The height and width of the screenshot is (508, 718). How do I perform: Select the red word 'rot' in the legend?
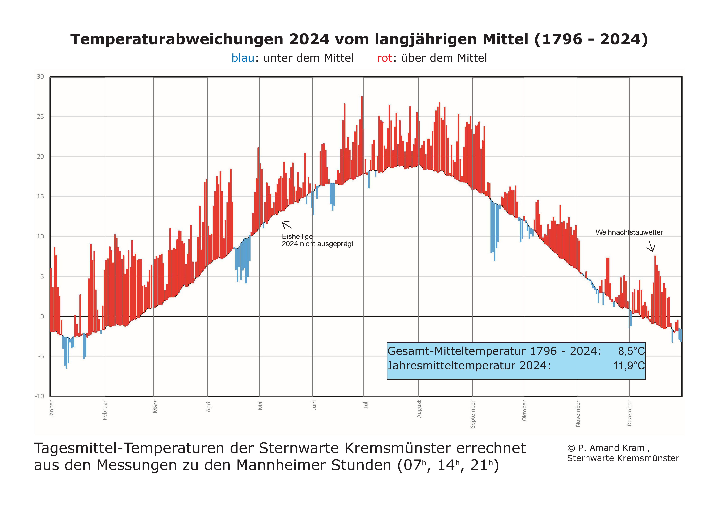point(384,58)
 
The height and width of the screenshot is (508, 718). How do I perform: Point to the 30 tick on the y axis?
point(40,77)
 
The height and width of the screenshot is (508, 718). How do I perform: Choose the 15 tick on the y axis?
point(40,197)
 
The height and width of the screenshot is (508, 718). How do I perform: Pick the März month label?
point(155,407)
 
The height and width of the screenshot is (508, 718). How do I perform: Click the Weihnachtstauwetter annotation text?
point(629,232)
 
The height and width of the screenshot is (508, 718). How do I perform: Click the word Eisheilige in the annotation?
point(297,236)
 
